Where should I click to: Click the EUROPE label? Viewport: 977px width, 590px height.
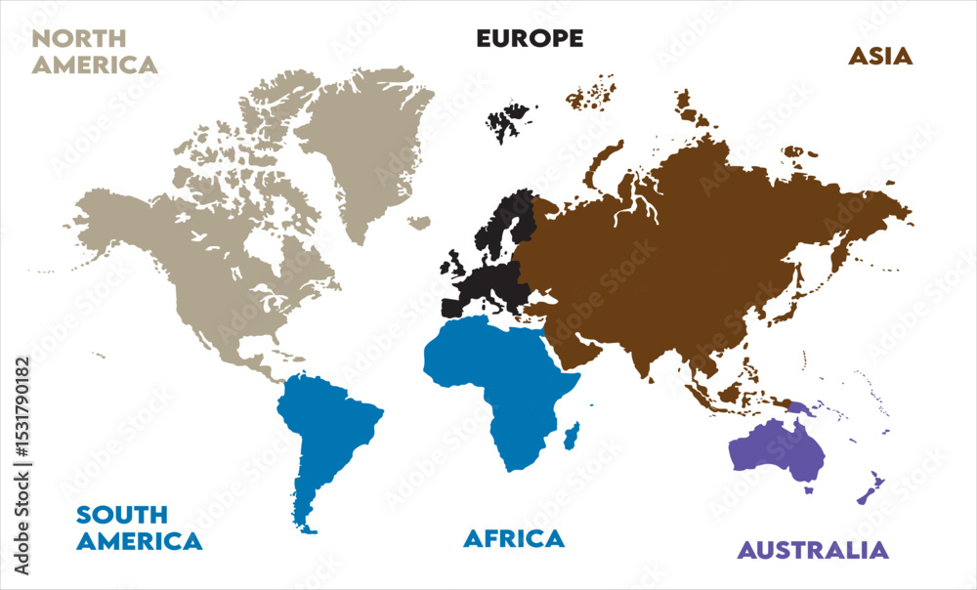[530, 38]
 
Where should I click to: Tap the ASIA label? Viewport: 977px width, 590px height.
[879, 56]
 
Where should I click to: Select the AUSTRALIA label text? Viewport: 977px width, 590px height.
[813, 550]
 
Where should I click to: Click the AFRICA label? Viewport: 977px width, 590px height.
[514, 538]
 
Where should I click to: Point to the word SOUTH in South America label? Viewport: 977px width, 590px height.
[122, 514]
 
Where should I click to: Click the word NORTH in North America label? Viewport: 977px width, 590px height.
[79, 39]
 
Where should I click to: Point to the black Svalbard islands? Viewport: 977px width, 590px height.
[506, 122]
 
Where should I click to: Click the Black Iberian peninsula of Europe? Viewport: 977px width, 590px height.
[454, 308]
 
